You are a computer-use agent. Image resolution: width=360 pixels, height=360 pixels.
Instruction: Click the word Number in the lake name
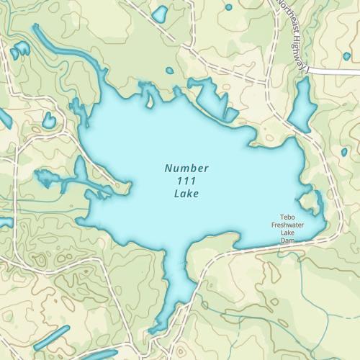click(186, 168)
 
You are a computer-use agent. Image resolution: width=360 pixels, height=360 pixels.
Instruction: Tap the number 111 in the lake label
click(186, 181)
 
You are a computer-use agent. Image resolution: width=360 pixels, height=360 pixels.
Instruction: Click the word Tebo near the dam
click(288, 217)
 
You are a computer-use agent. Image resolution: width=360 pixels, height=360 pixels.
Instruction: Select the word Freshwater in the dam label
click(288, 225)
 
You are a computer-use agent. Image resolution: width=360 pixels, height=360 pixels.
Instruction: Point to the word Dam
click(288, 241)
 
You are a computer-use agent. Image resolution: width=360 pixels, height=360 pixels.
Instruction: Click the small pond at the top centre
click(159, 14)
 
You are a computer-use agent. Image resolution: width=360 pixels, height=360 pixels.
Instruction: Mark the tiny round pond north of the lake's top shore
click(169, 71)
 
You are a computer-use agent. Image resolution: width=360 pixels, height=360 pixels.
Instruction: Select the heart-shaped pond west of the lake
click(48, 120)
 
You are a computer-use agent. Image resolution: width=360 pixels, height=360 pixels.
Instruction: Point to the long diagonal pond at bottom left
click(51, 338)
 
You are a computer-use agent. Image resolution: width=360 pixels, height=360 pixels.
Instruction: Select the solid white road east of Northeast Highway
click(335, 72)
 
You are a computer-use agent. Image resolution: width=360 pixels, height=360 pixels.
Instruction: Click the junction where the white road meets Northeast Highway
click(309, 71)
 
